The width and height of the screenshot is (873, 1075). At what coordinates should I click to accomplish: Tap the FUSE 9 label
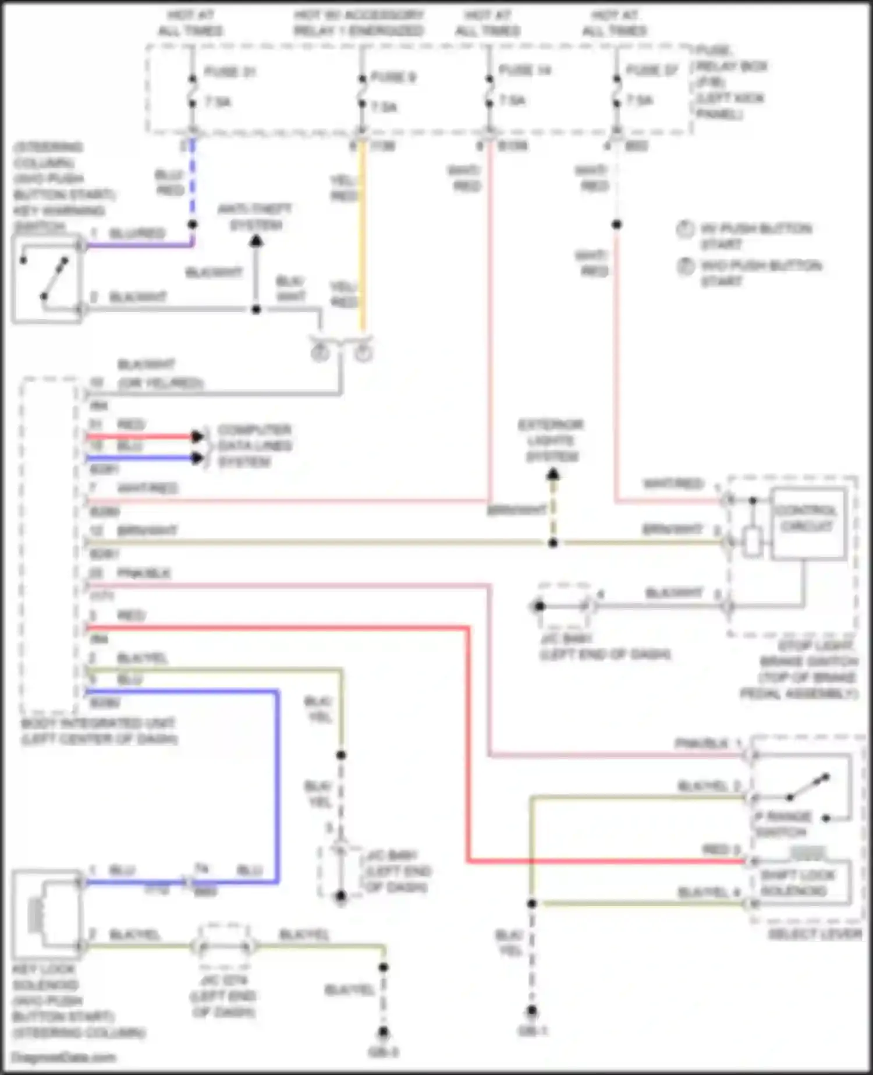click(x=393, y=77)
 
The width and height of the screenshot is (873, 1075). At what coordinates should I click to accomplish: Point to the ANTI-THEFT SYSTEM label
click(x=254, y=217)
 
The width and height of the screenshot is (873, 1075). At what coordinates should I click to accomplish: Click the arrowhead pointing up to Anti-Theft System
click(x=256, y=241)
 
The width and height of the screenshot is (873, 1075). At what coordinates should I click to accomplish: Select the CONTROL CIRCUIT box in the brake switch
click(x=808, y=523)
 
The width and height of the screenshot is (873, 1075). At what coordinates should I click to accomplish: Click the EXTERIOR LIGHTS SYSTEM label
click(x=551, y=440)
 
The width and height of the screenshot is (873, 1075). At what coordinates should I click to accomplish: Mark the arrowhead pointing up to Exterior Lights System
click(x=553, y=475)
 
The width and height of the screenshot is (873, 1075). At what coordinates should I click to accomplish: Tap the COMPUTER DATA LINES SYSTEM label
click(x=254, y=445)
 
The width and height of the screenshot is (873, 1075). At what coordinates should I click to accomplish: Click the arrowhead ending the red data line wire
click(x=198, y=436)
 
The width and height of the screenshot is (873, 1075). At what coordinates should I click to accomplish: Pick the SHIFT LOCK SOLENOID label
click(x=797, y=883)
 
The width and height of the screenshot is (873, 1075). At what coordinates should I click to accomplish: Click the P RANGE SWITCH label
click(x=782, y=824)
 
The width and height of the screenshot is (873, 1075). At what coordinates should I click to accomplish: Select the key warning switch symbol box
click(x=47, y=278)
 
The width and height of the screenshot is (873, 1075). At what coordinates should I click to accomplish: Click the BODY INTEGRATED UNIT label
click(x=99, y=731)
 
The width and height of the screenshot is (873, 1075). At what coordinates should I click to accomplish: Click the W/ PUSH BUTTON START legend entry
click(x=754, y=235)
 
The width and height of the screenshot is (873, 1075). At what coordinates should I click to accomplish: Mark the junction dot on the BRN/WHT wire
click(x=553, y=543)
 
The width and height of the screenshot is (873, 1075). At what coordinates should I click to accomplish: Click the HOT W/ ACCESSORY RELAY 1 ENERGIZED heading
click(x=359, y=22)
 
